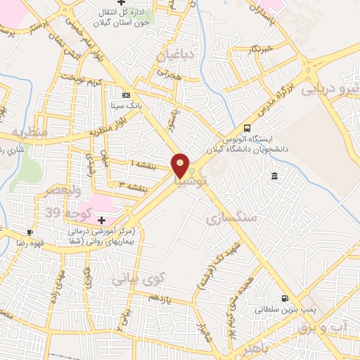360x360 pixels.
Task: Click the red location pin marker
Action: tap(181, 166)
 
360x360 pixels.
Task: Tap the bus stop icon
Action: tap(247, 128)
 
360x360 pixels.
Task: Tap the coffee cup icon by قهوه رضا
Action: tap(30, 232)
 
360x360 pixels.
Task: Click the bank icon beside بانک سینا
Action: tap(126, 95)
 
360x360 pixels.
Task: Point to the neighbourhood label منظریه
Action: tap(29, 131)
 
